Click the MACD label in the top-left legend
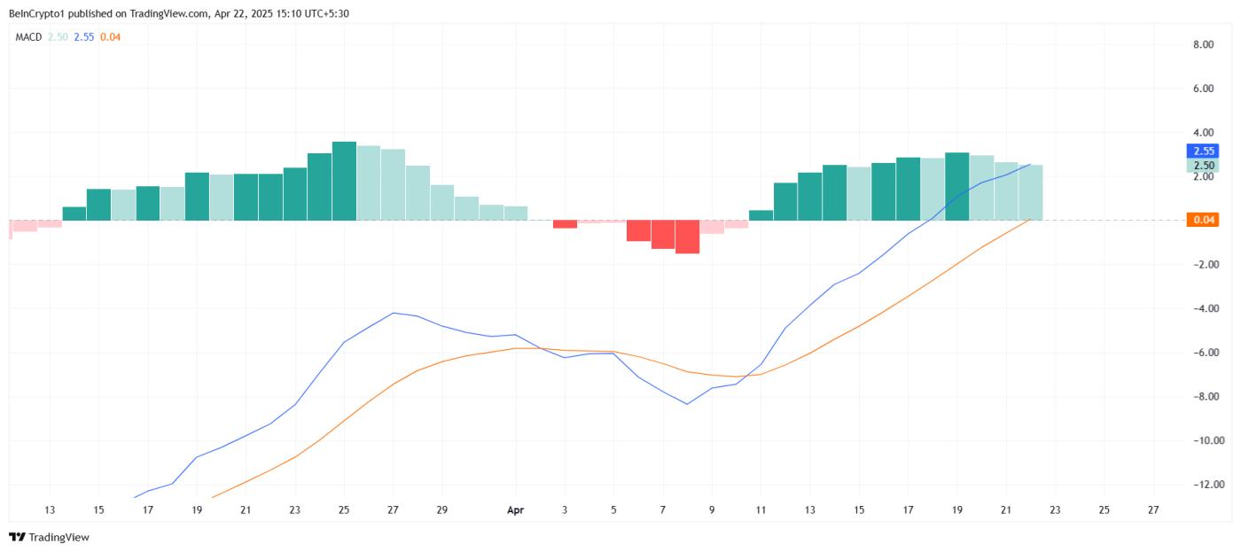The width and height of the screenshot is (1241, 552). click(x=28, y=37)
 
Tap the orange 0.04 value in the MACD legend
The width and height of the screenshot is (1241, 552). click(x=110, y=37)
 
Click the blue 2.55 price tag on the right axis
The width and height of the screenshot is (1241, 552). click(x=1203, y=151)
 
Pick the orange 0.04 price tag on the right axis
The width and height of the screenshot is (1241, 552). click(x=1203, y=220)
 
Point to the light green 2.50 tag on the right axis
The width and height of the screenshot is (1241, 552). click(x=1203, y=165)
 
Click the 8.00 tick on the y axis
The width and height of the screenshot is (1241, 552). click(x=1203, y=44)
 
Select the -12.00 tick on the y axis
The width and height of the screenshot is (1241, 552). click(x=1201, y=484)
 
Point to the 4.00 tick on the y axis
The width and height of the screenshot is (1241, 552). click(x=1203, y=133)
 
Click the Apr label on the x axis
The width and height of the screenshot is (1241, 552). click(x=515, y=510)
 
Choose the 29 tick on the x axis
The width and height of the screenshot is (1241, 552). click(x=441, y=510)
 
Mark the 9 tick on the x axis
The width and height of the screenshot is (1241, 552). click(x=711, y=510)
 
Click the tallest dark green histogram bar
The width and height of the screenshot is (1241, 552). click(x=344, y=181)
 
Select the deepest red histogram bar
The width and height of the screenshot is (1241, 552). click(x=687, y=237)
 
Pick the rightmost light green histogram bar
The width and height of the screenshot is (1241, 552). click(x=1030, y=192)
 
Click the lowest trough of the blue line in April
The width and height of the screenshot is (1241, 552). click(x=687, y=404)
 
